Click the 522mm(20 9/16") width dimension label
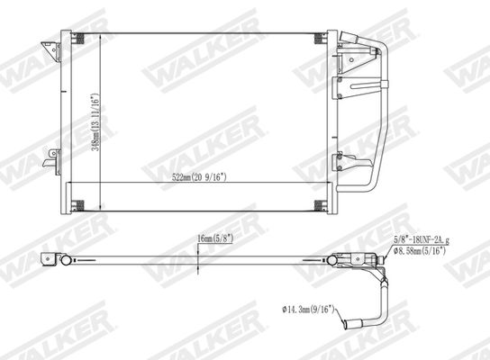pyautogui.click(x=199, y=177)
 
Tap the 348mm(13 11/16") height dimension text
pyautogui.click(x=96, y=122)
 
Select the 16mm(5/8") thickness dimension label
pyautogui.click(x=215, y=238)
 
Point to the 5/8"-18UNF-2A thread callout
pyautogui.click(x=422, y=240)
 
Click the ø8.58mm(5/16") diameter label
pyautogui.click(x=420, y=250)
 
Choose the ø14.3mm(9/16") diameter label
pyautogui.click(x=308, y=310)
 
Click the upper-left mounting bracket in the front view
pyautogui.click(x=51, y=51)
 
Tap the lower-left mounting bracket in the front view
pyautogui.click(x=52, y=161)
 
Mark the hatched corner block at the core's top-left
pyautogui.click(x=77, y=39)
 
